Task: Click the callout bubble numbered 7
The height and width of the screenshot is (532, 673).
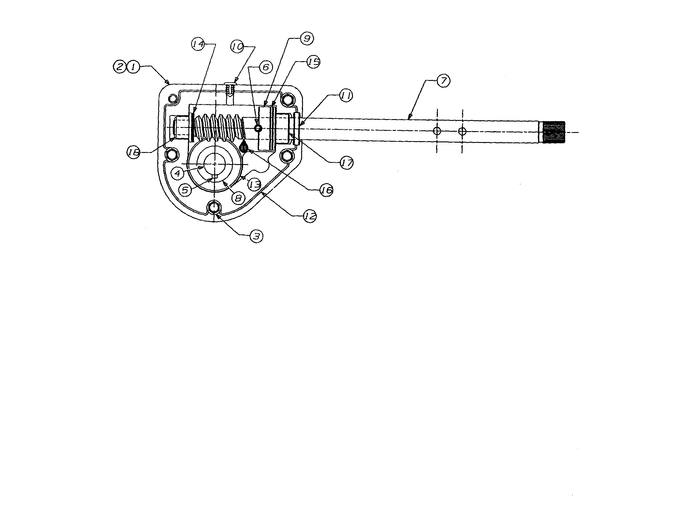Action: pyautogui.click(x=443, y=81)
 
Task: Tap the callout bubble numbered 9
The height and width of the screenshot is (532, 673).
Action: pyautogui.click(x=307, y=39)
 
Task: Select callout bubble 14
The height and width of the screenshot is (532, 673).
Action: pyautogui.click(x=198, y=44)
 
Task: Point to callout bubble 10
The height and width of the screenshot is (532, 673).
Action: pyautogui.click(x=237, y=47)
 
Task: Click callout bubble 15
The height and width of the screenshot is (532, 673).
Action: pyautogui.click(x=313, y=62)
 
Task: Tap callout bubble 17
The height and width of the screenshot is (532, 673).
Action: pyautogui.click(x=346, y=163)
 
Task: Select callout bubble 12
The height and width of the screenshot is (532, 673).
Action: pyautogui.click(x=310, y=216)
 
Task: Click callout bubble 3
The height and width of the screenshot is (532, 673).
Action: pyautogui.click(x=256, y=236)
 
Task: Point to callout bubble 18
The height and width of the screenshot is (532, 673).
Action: pyautogui.click(x=133, y=152)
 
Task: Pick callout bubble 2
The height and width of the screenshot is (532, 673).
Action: pyautogui.click(x=120, y=67)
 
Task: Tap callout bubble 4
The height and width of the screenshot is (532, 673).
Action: pyautogui.click(x=178, y=173)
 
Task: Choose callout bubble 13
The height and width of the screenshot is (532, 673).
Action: pyautogui.click(x=255, y=184)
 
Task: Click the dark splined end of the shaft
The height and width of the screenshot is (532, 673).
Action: pyautogui.click(x=554, y=132)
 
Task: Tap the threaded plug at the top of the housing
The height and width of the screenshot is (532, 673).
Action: pyautogui.click(x=230, y=90)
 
